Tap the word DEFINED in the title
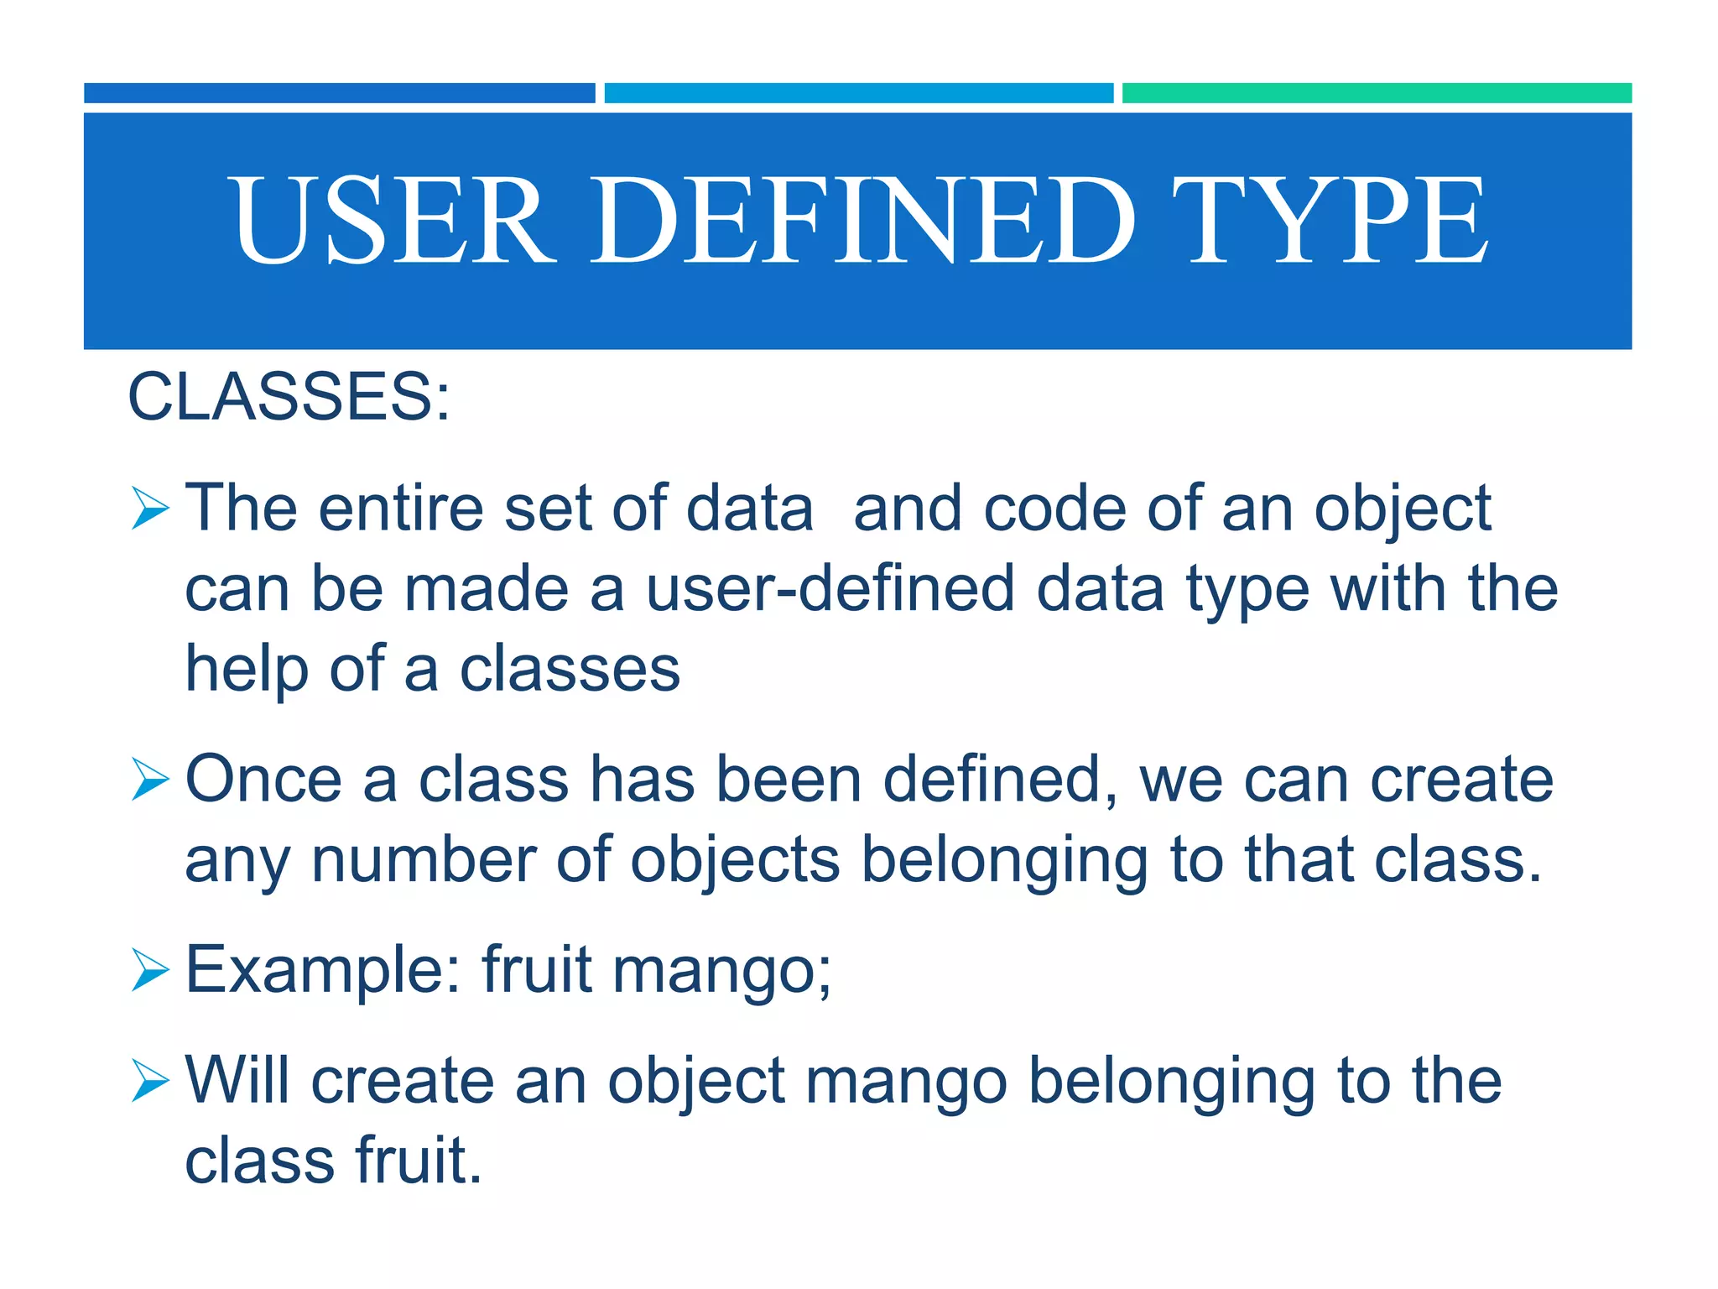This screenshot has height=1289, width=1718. pyautogui.click(x=864, y=220)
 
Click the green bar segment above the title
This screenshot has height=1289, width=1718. pyautogui.click(x=1376, y=93)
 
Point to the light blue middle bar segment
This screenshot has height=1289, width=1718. pyautogui.click(x=858, y=93)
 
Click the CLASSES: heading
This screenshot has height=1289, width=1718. pyautogui.click(x=289, y=396)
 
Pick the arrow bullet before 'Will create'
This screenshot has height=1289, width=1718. pyautogui.click(x=151, y=1082)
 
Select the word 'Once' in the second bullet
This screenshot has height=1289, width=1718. pyautogui.click(x=263, y=780)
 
